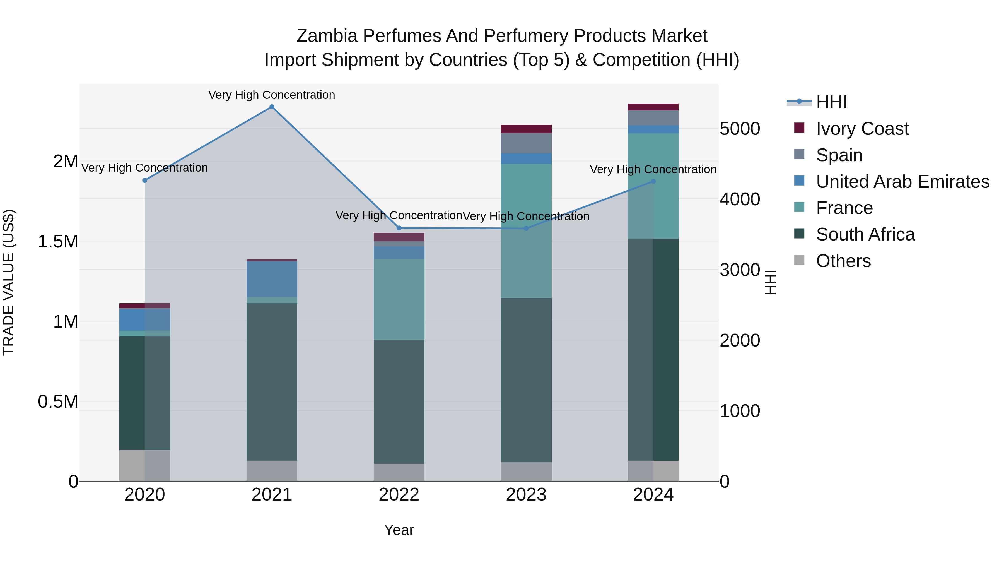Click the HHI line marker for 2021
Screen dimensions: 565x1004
tap(272, 107)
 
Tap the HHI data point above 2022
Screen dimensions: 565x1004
tap(399, 228)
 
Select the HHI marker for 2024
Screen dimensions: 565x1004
tap(654, 181)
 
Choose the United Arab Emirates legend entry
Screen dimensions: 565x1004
tap(902, 182)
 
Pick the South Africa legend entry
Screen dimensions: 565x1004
tap(865, 234)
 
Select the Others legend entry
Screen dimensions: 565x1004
tap(843, 261)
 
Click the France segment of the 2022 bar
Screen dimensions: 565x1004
tap(399, 299)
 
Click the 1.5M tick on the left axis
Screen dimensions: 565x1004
tap(58, 242)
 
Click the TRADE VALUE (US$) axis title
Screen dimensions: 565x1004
tap(9, 282)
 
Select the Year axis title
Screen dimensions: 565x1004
tap(399, 530)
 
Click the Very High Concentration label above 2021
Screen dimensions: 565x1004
tap(272, 95)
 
